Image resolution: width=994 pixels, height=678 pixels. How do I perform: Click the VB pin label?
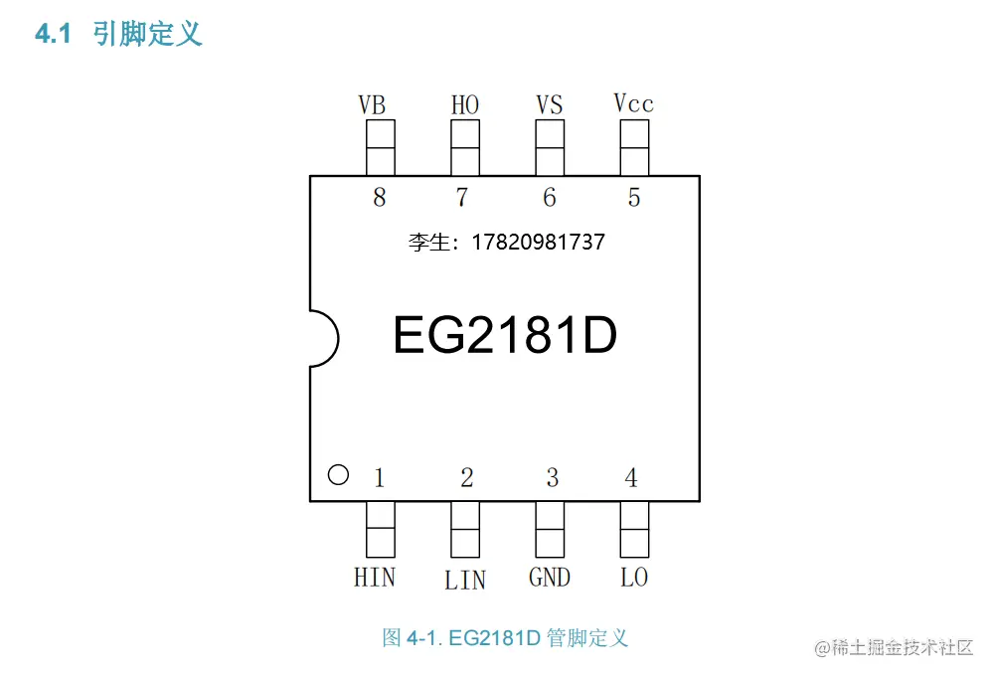(372, 104)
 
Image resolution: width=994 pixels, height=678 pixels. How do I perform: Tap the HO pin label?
(464, 104)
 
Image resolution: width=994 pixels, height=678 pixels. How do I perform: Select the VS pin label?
(549, 104)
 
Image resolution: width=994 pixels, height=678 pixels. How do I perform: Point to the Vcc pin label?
(633, 103)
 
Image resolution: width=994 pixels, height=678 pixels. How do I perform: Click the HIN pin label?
(374, 577)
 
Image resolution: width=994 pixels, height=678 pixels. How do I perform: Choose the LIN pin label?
(465, 579)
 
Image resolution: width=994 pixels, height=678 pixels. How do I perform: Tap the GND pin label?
(550, 577)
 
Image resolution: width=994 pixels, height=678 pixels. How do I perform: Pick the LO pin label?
(634, 577)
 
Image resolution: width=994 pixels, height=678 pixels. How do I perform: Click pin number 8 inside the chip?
(379, 197)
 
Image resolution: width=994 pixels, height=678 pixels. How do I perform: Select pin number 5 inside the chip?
(634, 197)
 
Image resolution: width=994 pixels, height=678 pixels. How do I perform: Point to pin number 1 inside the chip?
(379, 478)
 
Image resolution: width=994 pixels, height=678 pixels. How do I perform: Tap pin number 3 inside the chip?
(552, 478)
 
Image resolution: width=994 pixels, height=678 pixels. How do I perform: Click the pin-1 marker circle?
(338, 475)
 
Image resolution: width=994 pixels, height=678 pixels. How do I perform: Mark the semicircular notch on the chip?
(322, 338)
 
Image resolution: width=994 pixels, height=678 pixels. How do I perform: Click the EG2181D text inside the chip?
(505, 336)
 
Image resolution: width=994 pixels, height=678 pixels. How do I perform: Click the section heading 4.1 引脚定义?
(119, 35)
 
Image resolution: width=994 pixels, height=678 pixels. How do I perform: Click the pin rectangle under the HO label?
(465, 147)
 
